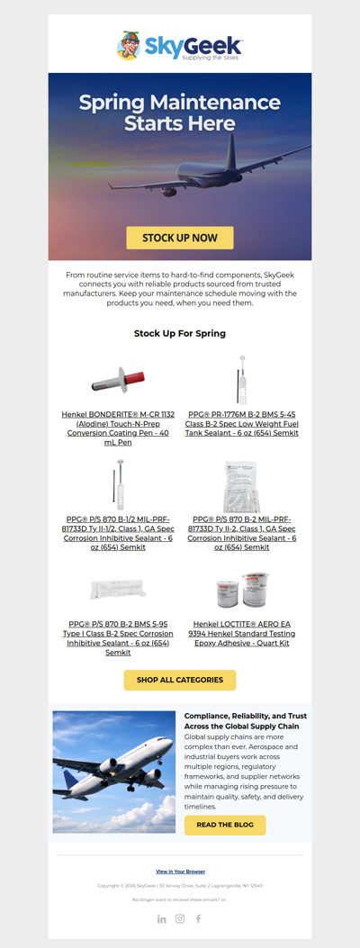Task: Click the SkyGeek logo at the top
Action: pos(179,46)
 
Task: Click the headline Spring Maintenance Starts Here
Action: pos(180,113)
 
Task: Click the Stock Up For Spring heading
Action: pos(180,333)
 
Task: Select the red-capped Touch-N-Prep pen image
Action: pos(119,380)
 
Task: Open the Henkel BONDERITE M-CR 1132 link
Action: pos(119,428)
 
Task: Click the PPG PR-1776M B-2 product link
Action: pos(241,423)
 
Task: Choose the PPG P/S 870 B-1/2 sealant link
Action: pos(119,533)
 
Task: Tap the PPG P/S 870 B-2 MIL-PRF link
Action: pos(241,533)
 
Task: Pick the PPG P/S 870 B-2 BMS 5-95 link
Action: pos(119,637)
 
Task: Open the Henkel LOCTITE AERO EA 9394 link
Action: pos(241,633)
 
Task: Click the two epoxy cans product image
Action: pos(241,590)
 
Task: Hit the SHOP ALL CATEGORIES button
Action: pos(180,680)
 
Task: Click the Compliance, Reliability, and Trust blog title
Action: pos(245,720)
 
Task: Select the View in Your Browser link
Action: pos(180,871)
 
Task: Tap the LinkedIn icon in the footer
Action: pos(162,918)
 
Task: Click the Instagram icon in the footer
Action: pos(180,918)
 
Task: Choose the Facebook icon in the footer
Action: pos(198,918)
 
